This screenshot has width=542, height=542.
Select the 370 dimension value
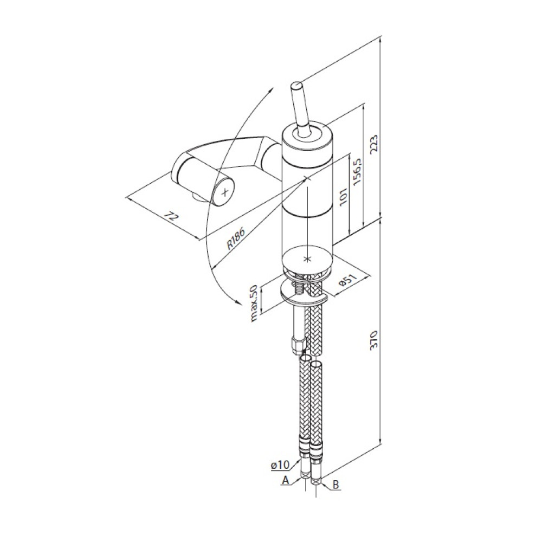click(375, 340)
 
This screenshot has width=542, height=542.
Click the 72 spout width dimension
click(171, 217)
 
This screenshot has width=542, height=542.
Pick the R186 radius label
click(236, 238)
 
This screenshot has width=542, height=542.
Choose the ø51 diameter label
click(348, 282)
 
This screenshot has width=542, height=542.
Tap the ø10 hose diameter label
click(280, 465)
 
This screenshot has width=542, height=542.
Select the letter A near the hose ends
click(286, 480)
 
